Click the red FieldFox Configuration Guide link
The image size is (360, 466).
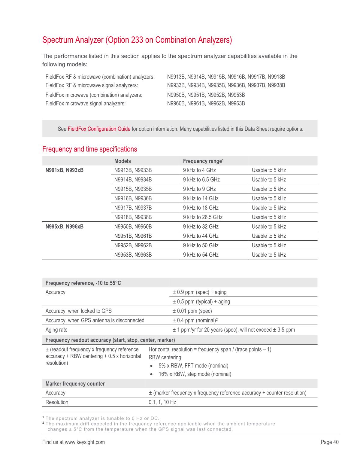[99, 129]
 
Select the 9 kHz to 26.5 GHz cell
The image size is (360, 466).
[203, 217]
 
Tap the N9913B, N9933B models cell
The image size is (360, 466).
[133, 170]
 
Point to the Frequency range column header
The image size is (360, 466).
[203, 161]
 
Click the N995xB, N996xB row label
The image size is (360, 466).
[65, 227]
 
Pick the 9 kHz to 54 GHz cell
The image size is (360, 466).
[201, 255]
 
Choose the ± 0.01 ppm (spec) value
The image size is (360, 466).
[192, 311]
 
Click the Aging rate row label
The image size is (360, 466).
[56, 330]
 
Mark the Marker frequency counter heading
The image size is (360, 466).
[75, 384]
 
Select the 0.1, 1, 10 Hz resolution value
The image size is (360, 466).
[162, 402]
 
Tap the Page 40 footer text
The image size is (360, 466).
[329, 442]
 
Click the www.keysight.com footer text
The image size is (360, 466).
[85, 442]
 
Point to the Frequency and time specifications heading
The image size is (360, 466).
[89, 149]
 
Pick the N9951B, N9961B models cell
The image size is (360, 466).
[133, 236]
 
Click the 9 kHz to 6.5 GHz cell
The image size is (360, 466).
[201, 180]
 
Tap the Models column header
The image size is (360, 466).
[123, 161]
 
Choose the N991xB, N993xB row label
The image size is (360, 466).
[65, 170]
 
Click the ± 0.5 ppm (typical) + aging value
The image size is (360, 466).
[201, 302]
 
